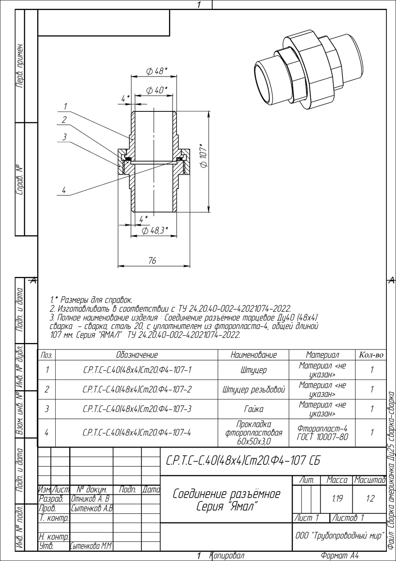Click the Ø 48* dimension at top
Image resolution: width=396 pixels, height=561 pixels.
point(157,71)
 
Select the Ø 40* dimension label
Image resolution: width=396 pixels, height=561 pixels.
point(157,90)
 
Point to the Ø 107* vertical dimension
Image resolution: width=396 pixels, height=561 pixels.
point(203,155)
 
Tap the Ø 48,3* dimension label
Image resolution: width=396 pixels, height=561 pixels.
point(155,230)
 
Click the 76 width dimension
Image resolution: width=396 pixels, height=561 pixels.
point(152,261)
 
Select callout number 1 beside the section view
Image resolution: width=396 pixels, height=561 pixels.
point(65,107)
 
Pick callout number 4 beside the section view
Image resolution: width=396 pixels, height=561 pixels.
point(64,190)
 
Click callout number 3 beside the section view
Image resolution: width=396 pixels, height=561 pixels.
point(64,137)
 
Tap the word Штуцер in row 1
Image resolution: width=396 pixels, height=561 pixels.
point(253,370)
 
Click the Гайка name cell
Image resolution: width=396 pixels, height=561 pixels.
point(253,409)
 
